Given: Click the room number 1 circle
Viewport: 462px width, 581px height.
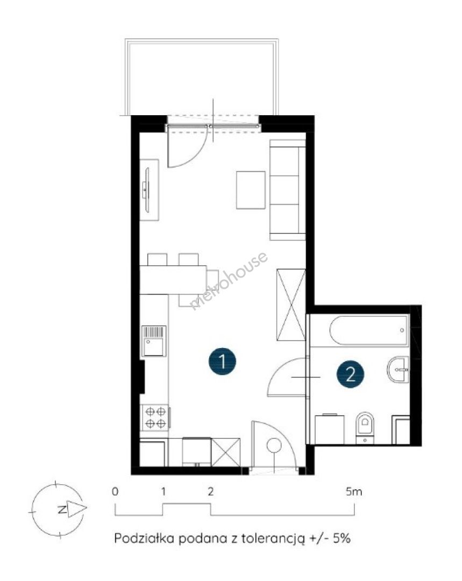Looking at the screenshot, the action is [x=222, y=361].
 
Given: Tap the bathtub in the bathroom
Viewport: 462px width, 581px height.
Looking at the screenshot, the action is [x=368, y=330].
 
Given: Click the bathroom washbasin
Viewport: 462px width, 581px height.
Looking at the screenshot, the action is [x=399, y=370].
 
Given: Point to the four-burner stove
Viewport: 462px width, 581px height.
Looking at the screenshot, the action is [x=155, y=417].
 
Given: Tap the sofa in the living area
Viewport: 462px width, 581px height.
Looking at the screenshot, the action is [x=288, y=190].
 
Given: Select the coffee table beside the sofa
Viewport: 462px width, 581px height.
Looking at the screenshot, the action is [x=251, y=190].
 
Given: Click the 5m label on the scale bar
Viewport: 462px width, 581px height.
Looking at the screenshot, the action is [x=354, y=492].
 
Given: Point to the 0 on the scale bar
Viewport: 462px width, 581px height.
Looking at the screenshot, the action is [x=115, y=492].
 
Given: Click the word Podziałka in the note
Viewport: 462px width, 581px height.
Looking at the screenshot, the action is [x=145, y=538].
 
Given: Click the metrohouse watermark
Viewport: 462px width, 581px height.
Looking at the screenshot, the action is [x=229, y=280].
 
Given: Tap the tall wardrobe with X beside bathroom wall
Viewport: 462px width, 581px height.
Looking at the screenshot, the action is [x=291, y=305].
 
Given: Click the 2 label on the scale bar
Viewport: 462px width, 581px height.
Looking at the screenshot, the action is [x=210, y=492].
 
